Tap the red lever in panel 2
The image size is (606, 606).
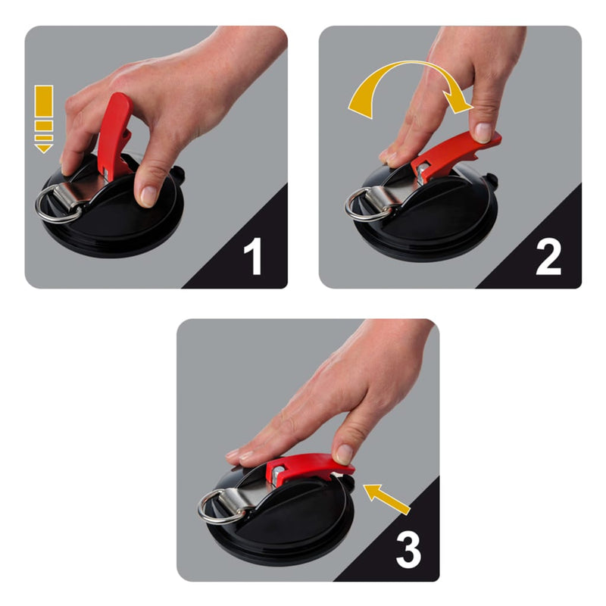[454, 155]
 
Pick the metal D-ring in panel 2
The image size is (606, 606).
[364, 205]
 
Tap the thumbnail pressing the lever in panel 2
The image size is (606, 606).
[482, 132]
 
